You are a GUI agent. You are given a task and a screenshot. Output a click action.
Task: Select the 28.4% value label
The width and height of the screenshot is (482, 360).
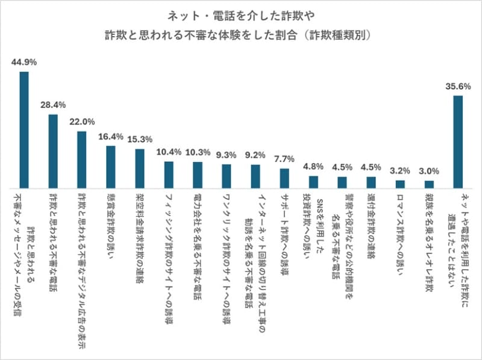[x=53, y=105]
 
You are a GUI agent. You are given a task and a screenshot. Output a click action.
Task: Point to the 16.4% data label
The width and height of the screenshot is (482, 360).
[x=110, y=136]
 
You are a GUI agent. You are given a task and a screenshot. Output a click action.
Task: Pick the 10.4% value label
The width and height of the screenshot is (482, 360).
[x=168, y=152]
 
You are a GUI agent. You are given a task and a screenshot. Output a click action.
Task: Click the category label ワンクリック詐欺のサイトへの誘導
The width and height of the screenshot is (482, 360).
[x=226, y=244]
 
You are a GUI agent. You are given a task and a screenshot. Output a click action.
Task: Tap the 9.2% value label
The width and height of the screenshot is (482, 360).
[x=255, y=155]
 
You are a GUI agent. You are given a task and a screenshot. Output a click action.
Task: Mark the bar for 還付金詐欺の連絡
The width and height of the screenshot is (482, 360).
[x=371, y=182]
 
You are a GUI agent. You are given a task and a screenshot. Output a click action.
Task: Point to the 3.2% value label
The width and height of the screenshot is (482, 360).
[x=400, y=171]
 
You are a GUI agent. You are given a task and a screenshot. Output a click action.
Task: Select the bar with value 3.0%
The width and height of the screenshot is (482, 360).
[x=429, y=184]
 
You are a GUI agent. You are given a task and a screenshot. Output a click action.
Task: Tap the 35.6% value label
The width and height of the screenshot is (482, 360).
[x=458, y=86]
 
